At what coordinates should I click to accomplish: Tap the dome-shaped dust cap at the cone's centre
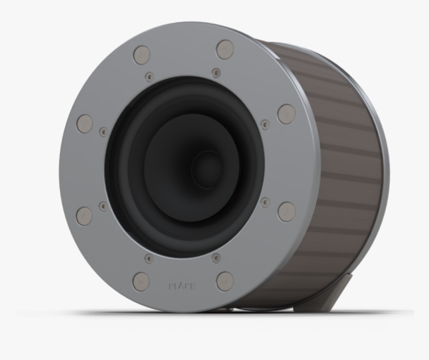click(208, 168)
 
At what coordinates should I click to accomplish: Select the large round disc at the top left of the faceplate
click(142, 55)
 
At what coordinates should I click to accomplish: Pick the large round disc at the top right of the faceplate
click(225, 49)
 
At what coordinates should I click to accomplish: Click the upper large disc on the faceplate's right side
click(286, 114)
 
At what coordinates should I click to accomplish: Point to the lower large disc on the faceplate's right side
click(286, 212)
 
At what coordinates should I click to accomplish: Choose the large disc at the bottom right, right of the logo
click(225, 281)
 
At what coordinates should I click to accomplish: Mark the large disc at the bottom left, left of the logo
click(141, 282)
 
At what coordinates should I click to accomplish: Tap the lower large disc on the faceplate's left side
click(84, 216)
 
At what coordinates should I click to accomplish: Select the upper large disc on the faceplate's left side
click(84, 123)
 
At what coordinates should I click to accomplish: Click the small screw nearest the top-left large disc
click(149, 77)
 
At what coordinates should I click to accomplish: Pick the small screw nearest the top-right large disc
click(216, 73)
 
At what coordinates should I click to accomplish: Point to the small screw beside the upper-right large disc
click(265, 124)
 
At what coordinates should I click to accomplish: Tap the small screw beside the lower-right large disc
click(265, 202)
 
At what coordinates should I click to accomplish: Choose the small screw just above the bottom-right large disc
click(216, 258)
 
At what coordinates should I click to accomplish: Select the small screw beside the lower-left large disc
click(103, 206)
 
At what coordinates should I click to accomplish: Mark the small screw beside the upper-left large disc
click(103, 132)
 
